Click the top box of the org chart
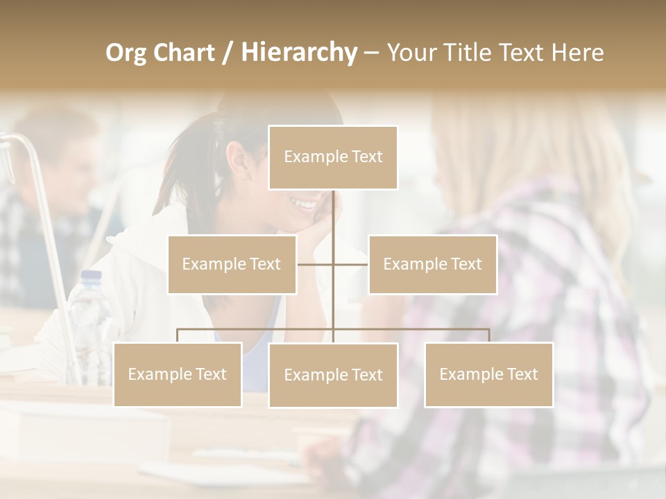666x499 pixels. [333, 157]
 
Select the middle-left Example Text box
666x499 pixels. [232, 264]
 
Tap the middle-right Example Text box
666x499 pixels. [432, 264]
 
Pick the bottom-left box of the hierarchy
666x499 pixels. [178, 374]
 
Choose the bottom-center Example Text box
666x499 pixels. [333, 375]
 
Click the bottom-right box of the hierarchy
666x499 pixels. [488, 374]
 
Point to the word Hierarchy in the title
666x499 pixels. [298, 53]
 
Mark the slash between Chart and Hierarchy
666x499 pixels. [227, 53]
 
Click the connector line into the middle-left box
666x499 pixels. [315, 264]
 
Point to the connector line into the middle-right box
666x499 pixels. [351, 264]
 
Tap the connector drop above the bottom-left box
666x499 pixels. [178, 335]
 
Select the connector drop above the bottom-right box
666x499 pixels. [488, 335]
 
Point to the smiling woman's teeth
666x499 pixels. [304, 203]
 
